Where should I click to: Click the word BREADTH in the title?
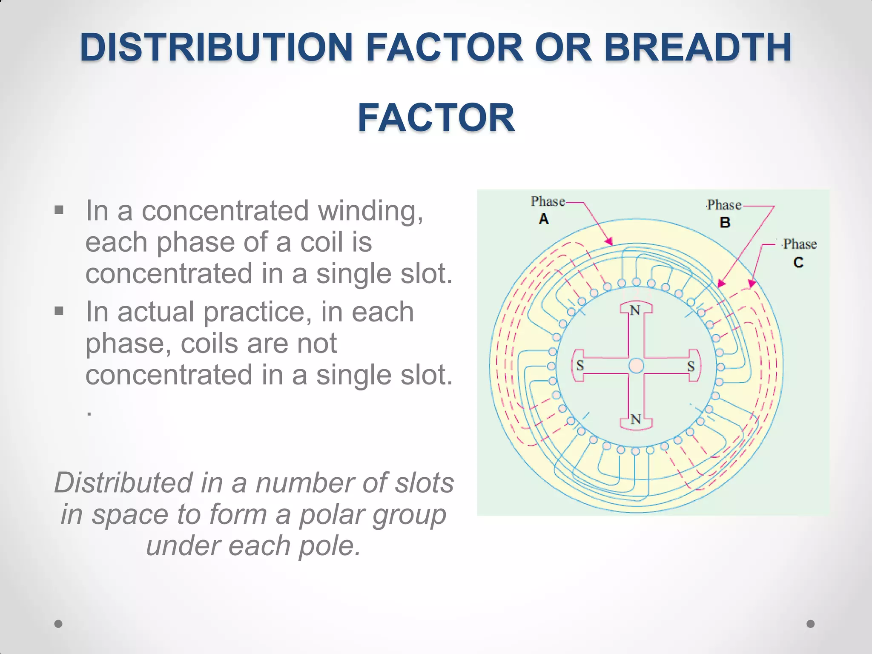(x=697, y=47)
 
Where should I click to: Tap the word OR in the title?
(x=563, y=47)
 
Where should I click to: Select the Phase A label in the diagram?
(x=547, y=209)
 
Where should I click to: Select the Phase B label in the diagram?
(x=724, y=213)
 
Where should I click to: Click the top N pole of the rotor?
(x=635, y=310)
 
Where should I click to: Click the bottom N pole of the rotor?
(x=636, y=420)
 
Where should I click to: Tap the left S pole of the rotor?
(x=579, y=365)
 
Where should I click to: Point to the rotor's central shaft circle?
(x=636, y=366)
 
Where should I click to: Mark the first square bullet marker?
(x=59, y=210)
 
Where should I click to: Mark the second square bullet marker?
(x=59, y=311)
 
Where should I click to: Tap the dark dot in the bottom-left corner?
(x=59, y=624)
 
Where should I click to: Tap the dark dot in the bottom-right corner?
(x=811, y=624)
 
